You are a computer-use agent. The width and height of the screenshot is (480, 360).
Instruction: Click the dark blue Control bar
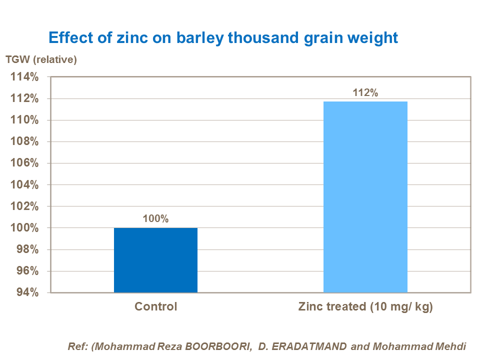coord(155,260)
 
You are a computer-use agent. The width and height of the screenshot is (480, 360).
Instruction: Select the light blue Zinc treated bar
coord(365,197)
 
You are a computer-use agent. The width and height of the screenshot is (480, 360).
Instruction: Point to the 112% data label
coord(365,92)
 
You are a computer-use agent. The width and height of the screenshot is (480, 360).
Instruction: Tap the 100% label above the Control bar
coord(155,219)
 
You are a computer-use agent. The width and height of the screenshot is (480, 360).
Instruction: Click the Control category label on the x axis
coord(155,306)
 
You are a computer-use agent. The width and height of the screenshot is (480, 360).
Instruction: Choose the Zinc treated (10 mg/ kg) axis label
coord(365,306)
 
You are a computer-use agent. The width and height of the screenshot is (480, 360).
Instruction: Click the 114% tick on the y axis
coord(25,77)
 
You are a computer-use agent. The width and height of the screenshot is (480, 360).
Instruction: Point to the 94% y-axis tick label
coord(28,292)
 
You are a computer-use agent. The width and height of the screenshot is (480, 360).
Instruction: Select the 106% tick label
coord(25,163)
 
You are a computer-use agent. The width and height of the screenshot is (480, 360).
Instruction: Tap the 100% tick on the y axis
coord(25,228)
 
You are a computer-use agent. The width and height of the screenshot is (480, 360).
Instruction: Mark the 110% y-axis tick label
coord(25,120)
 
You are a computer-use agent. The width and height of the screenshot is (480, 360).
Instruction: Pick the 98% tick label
coord(28,249)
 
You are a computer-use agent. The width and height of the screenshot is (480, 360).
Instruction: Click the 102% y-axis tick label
coord(25,206)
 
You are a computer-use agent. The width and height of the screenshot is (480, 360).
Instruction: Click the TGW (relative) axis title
coord(41,60)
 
